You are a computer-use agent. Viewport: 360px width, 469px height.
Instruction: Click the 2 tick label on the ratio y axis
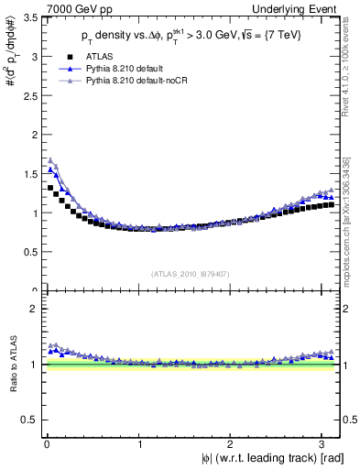32,309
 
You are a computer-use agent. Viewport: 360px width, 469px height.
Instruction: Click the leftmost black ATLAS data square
50,188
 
